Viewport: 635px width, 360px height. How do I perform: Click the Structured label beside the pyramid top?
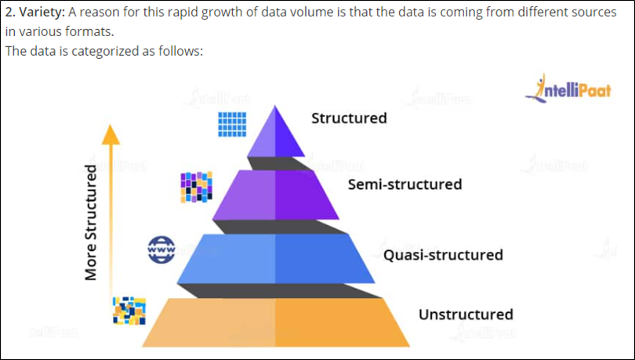pyautogui.click(x=349, y=118)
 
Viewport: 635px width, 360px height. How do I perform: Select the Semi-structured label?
pyautogui.click(x=405, y=185)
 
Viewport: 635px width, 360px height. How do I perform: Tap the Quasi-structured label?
pyautogui.click(x=443, y=255)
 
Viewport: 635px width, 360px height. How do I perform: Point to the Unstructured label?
pyautogui.click(x=466, y=315)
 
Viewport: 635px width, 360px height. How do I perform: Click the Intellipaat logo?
pyautogui.click(x=568, y=89)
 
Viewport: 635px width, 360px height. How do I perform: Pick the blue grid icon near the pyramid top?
pyautogui.click(x=232, y=123)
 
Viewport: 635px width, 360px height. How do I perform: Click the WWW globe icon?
pyautogui.click(x=161, y=249)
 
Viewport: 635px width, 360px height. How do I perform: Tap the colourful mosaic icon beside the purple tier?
pyautogui.click(x=196, y=187)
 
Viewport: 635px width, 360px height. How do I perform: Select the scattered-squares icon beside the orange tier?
pyautogui.click(x=129, y=311)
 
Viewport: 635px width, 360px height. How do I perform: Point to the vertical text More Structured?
pyautogui.click(x=91, y=222)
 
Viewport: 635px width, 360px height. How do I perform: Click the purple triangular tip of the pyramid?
pyautogui.click(x=275, y=133)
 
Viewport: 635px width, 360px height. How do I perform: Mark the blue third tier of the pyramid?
pyautogui.click(x=275, y=258)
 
